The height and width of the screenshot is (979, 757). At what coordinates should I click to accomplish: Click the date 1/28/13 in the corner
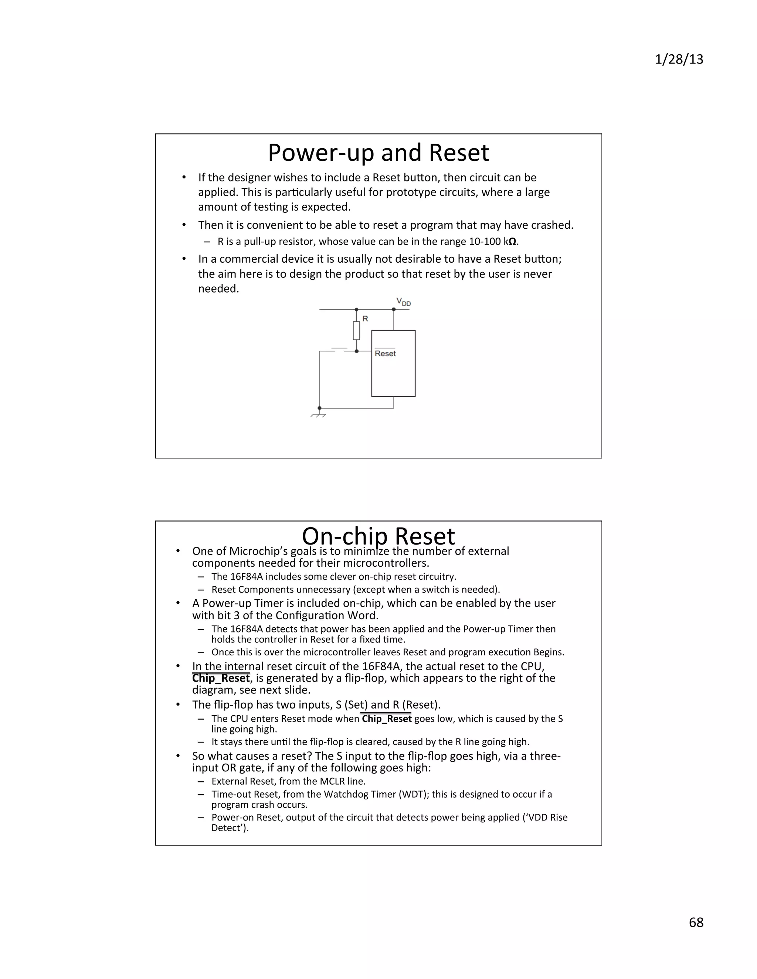[x=679, y=59]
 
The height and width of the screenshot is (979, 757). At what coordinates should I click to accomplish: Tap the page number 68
[x=696, y=922]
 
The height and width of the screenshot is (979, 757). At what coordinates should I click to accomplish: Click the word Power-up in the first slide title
[x=320, y=153]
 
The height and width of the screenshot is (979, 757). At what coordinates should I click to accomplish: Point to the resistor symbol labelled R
[x=357, y=330]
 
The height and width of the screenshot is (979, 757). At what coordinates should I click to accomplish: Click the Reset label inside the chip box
[x=385, y=354]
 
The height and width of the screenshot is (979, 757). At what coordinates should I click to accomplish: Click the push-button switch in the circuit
[x=339, y=349]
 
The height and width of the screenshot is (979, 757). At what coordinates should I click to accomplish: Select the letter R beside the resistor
[x=365, y=319]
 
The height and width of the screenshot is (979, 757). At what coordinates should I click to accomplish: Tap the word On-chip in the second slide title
[x=344, y=536]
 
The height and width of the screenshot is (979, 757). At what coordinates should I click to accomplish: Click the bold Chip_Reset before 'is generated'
[x=221, y=678]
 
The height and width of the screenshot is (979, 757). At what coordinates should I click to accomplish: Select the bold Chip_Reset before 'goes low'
[x=387, y=719]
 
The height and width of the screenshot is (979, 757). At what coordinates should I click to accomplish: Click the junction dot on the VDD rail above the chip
[x=394, y=309]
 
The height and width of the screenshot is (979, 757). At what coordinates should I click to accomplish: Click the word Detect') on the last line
[x=230, y=828]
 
